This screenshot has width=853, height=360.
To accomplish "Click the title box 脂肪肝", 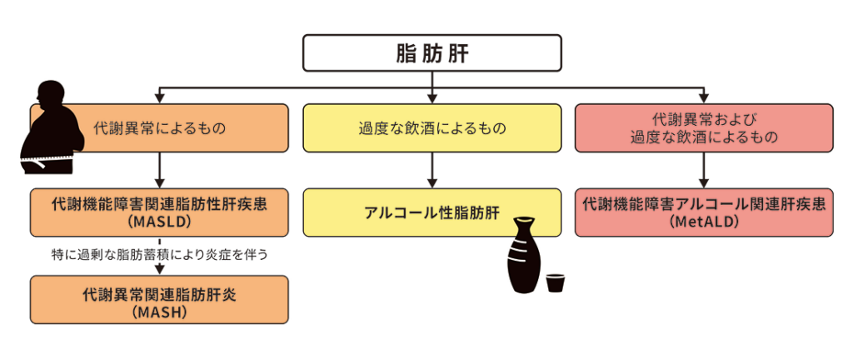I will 431,53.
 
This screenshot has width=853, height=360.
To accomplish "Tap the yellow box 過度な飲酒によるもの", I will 431,128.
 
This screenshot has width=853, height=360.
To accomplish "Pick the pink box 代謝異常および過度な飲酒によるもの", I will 704,128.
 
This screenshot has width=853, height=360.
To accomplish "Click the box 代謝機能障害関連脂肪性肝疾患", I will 158,212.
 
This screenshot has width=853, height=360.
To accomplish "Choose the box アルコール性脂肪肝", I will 431,212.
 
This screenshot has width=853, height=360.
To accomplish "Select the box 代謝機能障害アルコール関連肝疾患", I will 704,212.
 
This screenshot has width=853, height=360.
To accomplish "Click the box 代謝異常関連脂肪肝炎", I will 158,300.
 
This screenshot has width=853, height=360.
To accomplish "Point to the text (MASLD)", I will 158,223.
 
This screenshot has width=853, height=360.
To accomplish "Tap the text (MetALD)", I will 704,223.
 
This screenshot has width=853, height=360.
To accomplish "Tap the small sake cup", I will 555,282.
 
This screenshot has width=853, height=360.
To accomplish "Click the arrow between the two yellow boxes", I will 431,170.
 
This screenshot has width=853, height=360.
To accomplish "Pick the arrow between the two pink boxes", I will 704,170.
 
